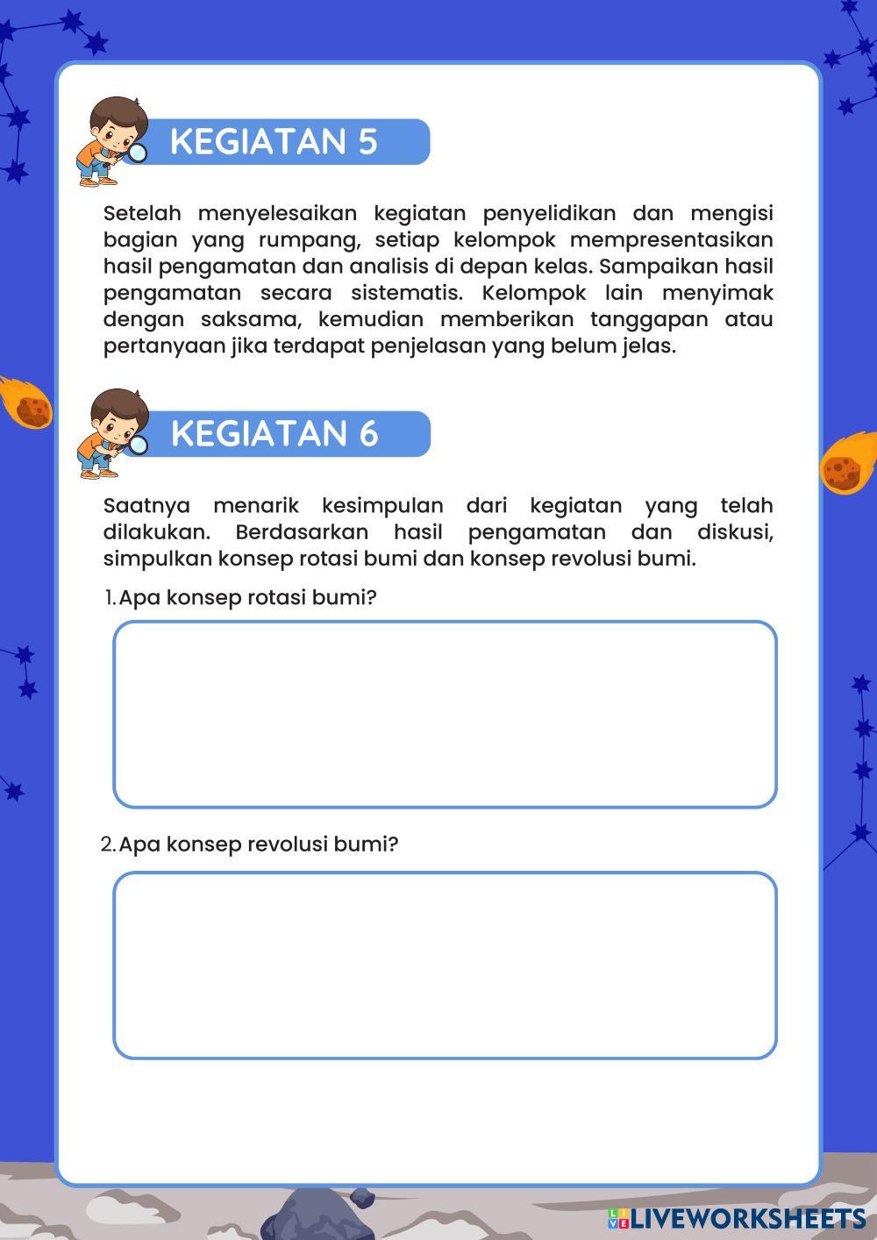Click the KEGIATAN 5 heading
(x=274, y=141)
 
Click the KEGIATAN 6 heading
(x=275, y=433)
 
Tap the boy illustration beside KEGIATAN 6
(x=111, y=433)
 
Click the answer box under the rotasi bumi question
(x=445, y=714)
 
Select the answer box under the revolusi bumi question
(x=445, y=965)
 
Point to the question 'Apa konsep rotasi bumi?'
(x=247, y=598)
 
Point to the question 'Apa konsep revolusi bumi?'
(x=258, y=844)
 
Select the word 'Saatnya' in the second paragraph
(x=146, y=506)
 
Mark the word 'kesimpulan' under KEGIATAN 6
(x=382, y=506)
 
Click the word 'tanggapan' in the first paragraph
(x=648, y=319)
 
